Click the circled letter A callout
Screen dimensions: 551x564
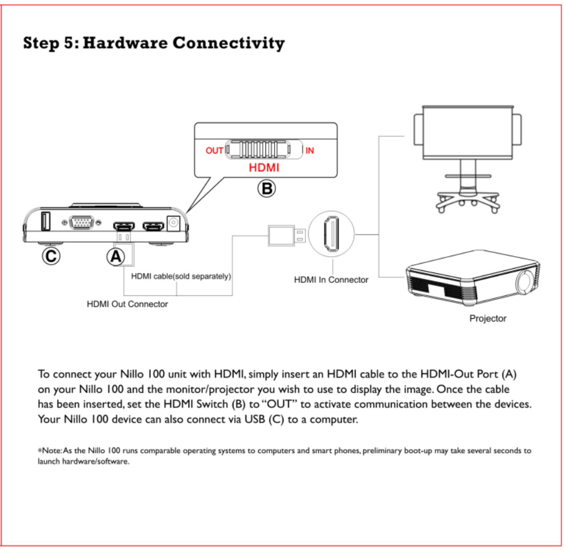tap(115, 256)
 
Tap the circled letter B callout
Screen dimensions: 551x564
tap(266, 188)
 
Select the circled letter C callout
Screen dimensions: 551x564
tap(51, 256)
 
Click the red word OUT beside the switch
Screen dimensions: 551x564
tap(214, 151)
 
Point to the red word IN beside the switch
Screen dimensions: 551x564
tap(309, 151)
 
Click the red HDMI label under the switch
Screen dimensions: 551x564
tap(264, 168)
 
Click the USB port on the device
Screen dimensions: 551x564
tap(44, 221)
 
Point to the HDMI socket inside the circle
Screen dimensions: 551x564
tap(330, 234)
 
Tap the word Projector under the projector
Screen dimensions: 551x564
tap(487, 319)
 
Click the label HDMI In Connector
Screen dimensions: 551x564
tap(331, 279)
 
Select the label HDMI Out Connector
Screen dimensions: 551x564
tap(127, 304)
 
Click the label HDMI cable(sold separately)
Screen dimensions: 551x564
tap(181, 276)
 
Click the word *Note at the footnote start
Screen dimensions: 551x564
tap(48, 450)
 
